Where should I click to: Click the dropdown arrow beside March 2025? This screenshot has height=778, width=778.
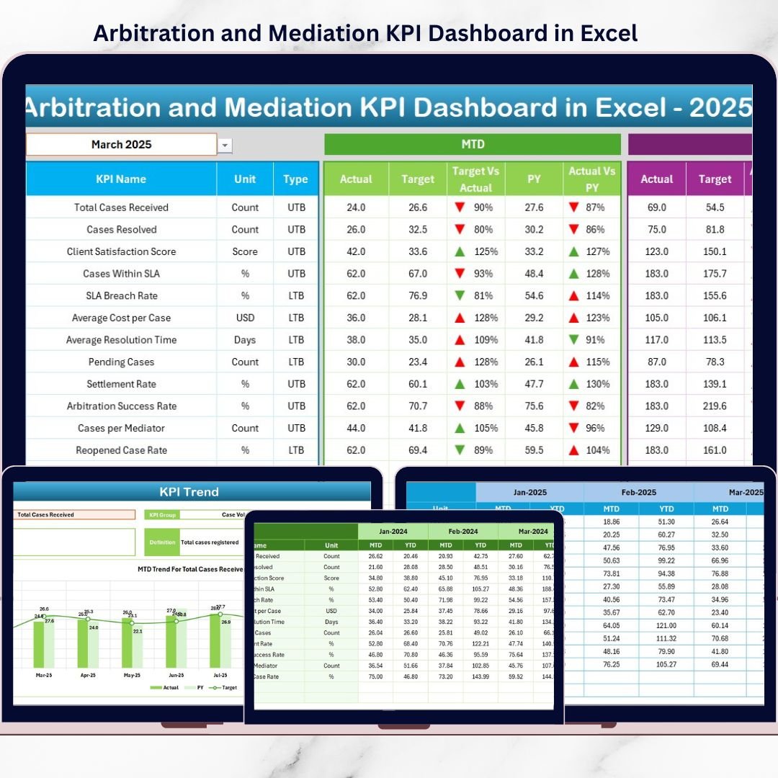tap(225, 146)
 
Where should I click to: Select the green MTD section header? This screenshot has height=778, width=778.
tap(473, 145)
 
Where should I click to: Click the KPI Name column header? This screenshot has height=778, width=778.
tap(121, 179)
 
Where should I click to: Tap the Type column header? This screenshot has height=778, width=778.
tap(295, 179)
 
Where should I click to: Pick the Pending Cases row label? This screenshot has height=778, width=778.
tap(121, 362)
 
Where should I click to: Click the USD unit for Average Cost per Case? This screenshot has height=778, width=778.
tap(245, 318)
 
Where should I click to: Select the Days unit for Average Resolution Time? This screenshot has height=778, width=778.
tap(245, 340)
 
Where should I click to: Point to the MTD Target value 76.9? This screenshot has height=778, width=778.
tap(418, 295)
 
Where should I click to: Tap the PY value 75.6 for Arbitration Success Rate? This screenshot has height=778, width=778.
tap(534, 406)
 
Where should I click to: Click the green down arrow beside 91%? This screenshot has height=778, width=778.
tap(574, 339)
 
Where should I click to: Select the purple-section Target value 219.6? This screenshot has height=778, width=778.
tap(715, 406)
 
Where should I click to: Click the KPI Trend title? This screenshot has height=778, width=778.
tap(189, 492)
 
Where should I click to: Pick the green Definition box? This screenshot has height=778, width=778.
tap(162, 542)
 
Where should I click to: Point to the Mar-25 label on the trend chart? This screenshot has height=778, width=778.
tap(43, 676)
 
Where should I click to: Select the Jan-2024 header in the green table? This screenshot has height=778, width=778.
tap(393, 531)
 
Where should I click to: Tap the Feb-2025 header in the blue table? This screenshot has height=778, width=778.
tap(638, 493)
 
